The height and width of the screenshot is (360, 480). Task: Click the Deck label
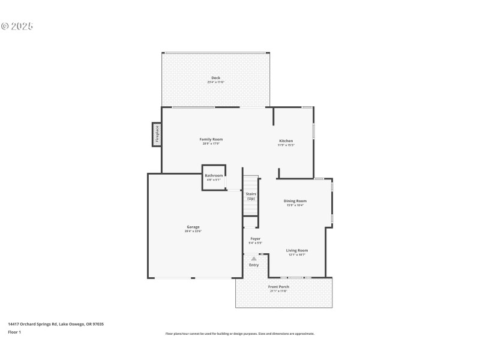click(215, 77)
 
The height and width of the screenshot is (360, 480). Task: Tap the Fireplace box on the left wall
click(156, 134)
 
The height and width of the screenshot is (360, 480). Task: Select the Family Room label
click(211, 139)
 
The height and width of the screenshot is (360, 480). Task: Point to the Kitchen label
click(286, 140)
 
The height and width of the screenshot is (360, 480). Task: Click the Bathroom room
click(214, 177)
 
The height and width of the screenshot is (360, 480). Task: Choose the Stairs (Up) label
click(251, 196)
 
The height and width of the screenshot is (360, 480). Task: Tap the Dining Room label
click(295, 201)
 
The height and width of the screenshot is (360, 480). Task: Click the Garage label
click(193, 227)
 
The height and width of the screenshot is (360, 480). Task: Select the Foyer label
click(255, 239)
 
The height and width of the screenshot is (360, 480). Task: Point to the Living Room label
click(296, 250)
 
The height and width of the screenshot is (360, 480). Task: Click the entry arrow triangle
click(254, 259)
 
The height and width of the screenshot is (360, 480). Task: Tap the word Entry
click(254, 265)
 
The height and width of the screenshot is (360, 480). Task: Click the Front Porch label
click(278, 287)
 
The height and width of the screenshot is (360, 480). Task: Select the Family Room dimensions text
click(211, 143)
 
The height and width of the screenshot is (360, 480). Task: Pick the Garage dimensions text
click(193, 231)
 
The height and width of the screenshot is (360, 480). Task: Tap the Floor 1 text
click(14, 332)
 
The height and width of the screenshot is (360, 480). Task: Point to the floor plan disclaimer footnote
click(239, 334)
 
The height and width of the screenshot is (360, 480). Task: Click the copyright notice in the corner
click(17, 26)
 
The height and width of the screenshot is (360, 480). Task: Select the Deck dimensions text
click(215, 82)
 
